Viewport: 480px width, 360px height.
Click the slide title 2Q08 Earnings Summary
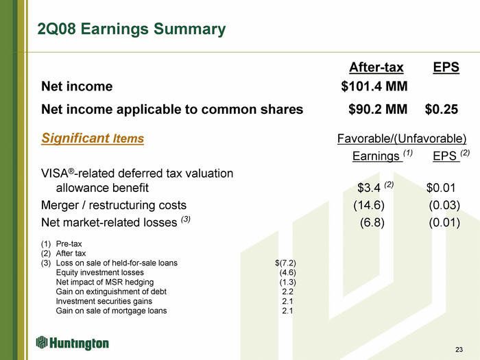coord(132,29)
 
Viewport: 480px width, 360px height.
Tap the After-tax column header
coord(376,67)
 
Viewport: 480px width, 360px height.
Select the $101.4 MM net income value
coord(374,86)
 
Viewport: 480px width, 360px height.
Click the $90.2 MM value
coord(378,109)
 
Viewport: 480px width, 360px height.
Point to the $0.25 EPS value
coord(442,109)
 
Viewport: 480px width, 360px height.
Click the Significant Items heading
coord(93,138)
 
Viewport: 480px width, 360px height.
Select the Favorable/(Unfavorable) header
coord(402,139)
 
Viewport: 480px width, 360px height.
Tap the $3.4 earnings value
coord(369,188)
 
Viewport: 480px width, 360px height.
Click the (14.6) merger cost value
coord(369,205)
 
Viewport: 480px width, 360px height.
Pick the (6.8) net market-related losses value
coord(372,223)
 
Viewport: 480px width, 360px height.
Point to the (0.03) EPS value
coord(444,205)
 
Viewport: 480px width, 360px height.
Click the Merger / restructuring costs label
coord(114,205)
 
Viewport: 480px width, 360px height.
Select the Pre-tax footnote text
coord(69,244)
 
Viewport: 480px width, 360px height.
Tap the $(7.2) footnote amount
coord(286,263)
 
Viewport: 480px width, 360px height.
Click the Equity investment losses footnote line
coord(100,272)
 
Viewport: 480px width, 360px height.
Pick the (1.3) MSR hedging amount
coord(288,282)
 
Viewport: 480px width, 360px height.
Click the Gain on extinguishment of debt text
coord(111,291)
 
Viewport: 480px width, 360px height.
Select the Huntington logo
coord(73,343)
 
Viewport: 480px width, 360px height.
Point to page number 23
coord(459,350)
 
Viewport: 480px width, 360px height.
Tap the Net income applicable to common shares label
coord(172,109)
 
